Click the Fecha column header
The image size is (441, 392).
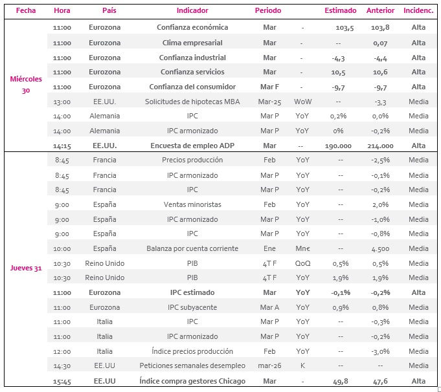(26, 11)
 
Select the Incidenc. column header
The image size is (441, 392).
(418, 11)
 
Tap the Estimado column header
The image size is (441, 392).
(341, 11)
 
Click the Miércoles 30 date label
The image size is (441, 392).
(26, 85)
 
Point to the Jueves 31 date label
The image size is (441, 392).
(26, 268)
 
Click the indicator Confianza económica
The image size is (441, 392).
(192, 27)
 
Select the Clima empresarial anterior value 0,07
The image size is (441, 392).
(380, 43)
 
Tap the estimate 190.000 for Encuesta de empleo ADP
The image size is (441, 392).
(338, 146)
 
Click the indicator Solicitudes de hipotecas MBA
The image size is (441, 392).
(192, 102)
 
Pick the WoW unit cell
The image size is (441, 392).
(302, 102)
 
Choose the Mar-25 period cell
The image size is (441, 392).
(269, 102)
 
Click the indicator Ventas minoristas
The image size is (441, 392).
(192, 204)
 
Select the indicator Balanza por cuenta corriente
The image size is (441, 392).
(192, 248)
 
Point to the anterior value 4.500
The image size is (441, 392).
(380, 248)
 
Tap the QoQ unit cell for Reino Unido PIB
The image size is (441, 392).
(302, 263)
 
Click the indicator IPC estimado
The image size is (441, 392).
(192, 292)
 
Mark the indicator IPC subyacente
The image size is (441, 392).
(192, 307)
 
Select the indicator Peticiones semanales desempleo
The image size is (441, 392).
(192, 365)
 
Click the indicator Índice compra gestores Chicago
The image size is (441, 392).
(192, 381)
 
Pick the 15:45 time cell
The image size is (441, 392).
(62, 381)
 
